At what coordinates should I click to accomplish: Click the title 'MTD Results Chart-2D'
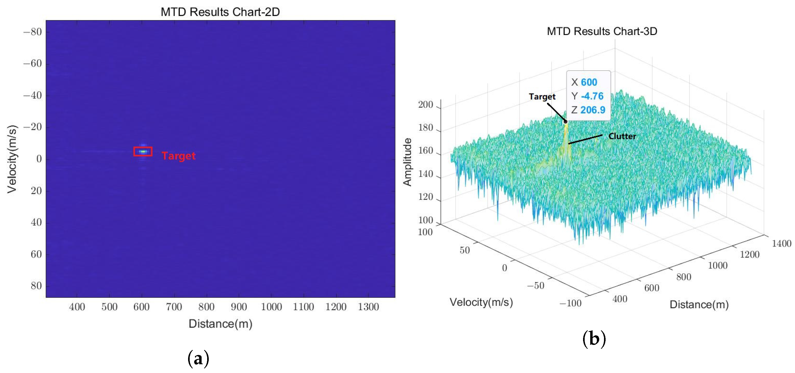[220, 12]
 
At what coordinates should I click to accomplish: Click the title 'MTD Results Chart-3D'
[602, 31]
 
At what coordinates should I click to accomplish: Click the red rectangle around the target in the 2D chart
[143, 152]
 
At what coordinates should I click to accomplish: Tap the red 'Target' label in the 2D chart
[178, 156]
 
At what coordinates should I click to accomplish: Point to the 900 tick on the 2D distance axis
[239, 307]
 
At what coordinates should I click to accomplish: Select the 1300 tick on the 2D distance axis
[368, 307]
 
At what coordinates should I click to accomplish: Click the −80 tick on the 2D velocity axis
[32, 32]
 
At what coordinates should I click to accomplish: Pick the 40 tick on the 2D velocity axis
[36, 222]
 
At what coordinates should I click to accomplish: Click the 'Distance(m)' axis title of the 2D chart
[220, 324]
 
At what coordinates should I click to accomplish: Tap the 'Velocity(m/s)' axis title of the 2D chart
[12, 159]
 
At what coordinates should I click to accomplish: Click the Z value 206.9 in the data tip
[593, 110]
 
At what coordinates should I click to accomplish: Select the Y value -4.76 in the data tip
[592, 96]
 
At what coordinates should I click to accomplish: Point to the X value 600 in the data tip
[589, 82]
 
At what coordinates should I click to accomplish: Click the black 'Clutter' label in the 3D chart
[622, 136]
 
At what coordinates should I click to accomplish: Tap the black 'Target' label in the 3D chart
[542, 97]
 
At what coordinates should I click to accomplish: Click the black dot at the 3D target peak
[565, 122]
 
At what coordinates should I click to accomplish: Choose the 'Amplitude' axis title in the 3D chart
[407, 162]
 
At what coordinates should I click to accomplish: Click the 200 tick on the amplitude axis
[426, 105]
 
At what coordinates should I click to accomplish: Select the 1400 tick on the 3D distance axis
[781, 243]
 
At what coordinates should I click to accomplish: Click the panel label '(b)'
[594, 339]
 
